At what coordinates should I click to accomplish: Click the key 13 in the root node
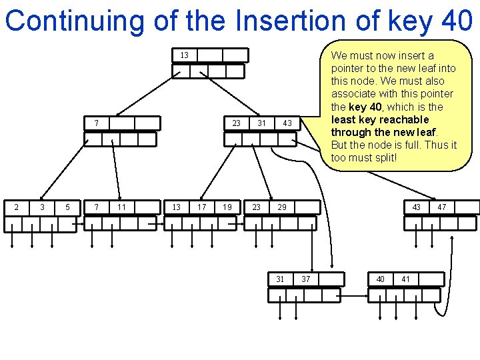pyautogui.click(x=185, y=55)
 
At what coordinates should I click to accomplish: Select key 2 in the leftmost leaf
pyautogui.click(x=17, y=207)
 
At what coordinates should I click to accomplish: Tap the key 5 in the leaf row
pyautogui.click(x=67, y=207)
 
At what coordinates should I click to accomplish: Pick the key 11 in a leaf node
pyautogui.click(x=122, y=207)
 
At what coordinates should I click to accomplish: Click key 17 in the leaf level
pyautogui.click(x=201, y=207)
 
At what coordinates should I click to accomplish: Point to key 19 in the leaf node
pyautogui.click(x=227, y=207)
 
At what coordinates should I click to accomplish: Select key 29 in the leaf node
pyautogui.click(x=282, y=207)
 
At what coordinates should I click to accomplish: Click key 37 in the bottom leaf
pyautogui.click(x=305, y=279)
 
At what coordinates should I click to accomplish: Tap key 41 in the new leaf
pyautogui.click(x=405, y=279)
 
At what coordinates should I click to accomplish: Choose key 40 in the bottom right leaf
pyautogui.click(x=380, y=279)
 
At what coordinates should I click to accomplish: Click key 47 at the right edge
pyautogui.click(x=442, y=207)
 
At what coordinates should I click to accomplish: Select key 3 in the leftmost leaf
pyautogui.click(x=42, y=207)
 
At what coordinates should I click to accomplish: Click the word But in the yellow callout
pyautogui.click(x=339, y=145)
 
